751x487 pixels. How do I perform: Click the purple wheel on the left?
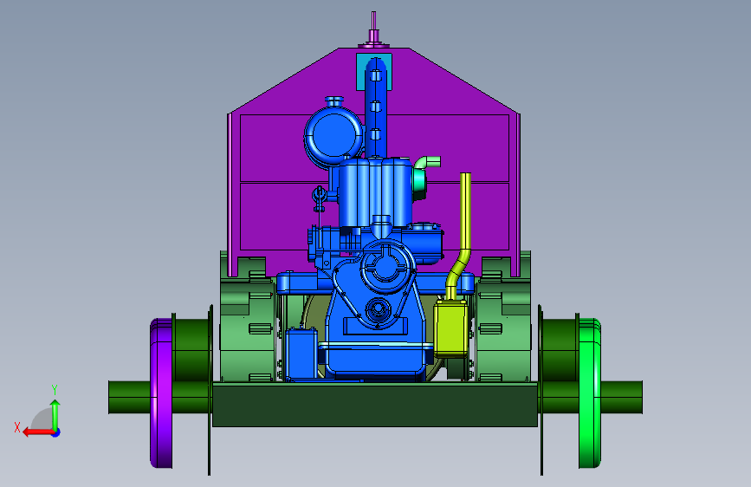pos(161,393)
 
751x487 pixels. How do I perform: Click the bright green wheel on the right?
pos(590,393)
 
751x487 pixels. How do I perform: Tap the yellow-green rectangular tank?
pos(450,328)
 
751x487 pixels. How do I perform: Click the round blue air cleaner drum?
pos(333,134)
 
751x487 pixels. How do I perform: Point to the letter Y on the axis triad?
pos(55,390)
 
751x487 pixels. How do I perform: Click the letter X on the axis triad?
pos(17,427)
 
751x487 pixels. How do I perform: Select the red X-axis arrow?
pos(39,432)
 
